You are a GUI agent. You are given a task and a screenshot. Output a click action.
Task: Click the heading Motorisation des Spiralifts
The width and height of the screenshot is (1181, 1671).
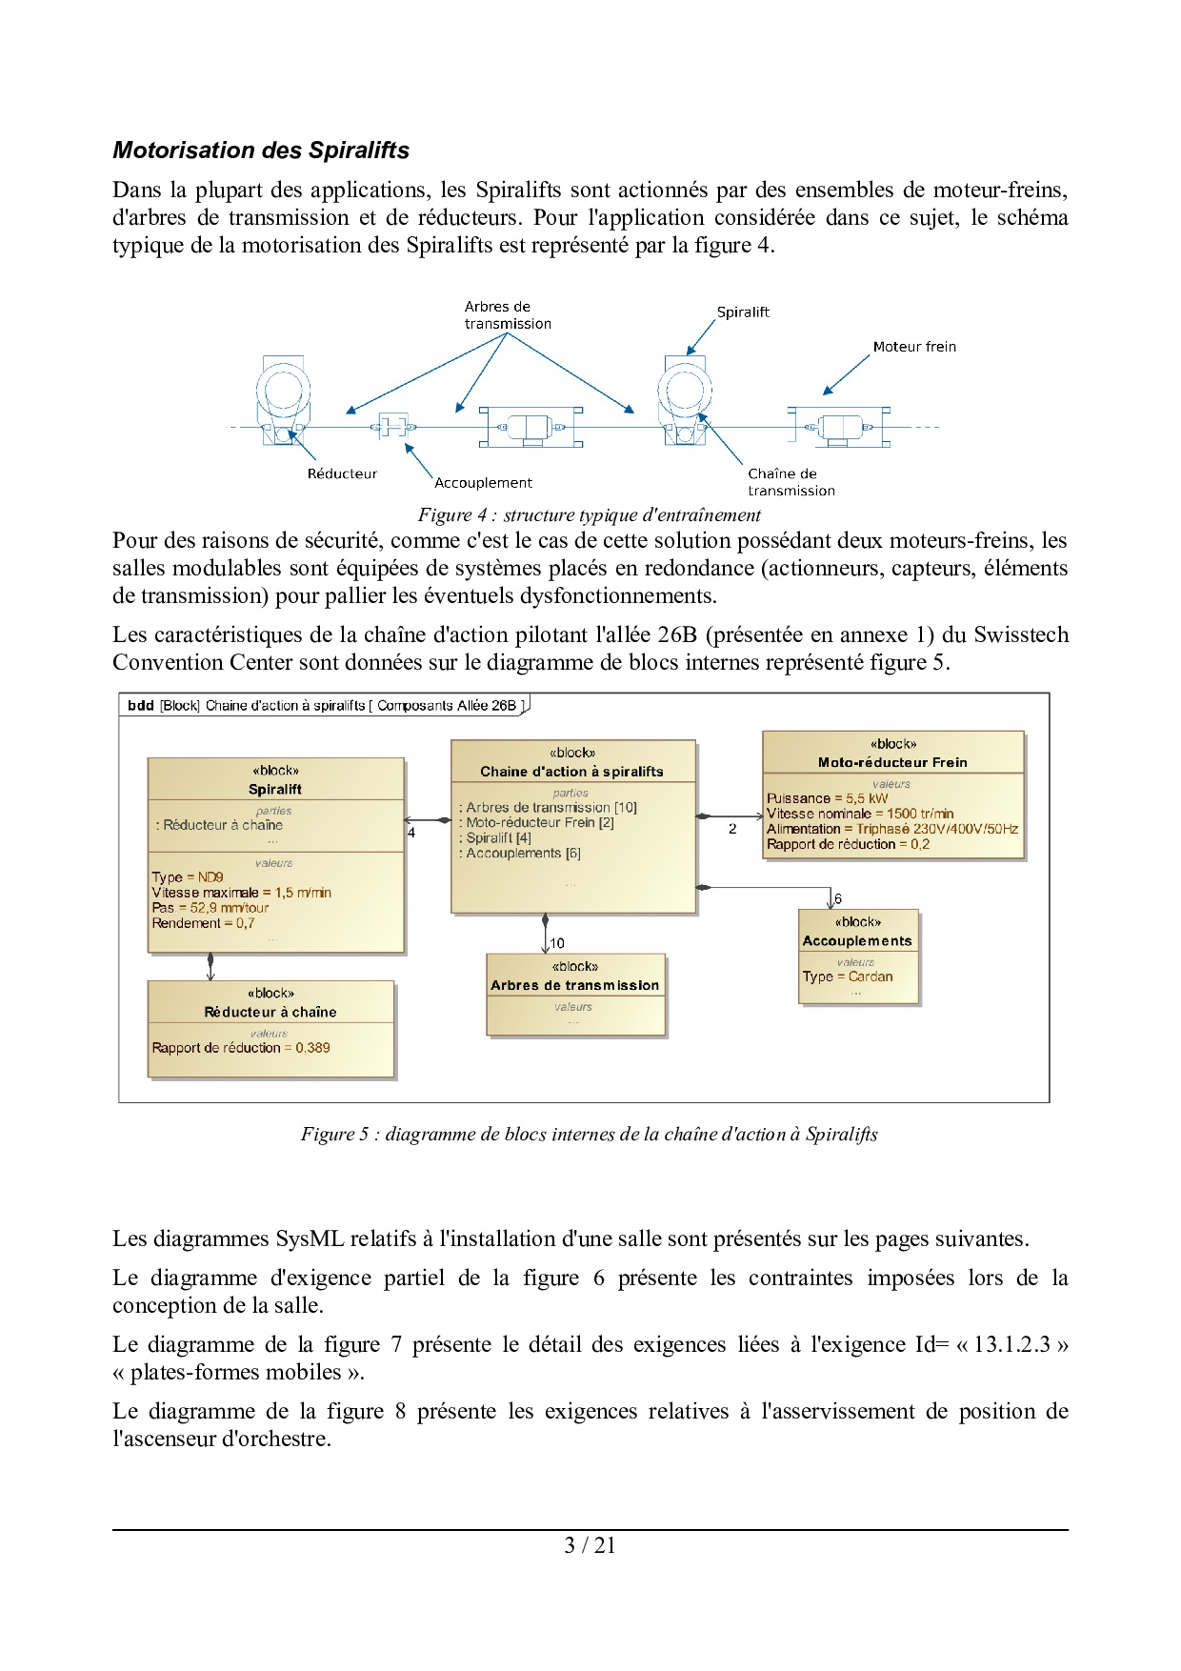coord(261,151)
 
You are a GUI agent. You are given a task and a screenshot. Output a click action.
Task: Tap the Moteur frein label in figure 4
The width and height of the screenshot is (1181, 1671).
coord(914,347)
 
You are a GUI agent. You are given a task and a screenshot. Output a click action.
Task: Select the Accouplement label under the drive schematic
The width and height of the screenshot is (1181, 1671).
coord(483,483)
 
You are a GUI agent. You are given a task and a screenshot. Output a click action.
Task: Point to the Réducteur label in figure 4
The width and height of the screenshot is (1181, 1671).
coord(342,473)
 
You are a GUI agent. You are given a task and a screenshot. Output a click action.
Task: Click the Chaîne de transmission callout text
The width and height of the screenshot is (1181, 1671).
coord(791,482)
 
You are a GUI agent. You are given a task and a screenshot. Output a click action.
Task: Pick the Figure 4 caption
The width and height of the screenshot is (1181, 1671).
coord(589,515)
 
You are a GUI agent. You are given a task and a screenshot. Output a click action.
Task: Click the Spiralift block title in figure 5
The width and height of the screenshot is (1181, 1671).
coord(275,789)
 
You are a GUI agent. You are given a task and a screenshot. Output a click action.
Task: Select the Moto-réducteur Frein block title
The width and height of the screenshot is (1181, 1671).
coord(892,762)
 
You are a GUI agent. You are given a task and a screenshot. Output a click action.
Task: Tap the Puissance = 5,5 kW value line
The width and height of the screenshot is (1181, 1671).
coord(827,798)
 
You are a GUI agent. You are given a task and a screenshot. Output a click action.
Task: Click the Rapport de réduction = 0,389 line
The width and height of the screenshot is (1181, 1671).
coord(241,1048)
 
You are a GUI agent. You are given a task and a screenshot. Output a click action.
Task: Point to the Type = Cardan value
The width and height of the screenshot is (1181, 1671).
coord(848,976)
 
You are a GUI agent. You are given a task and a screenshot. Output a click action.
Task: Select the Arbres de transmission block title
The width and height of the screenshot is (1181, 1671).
coord(574,985)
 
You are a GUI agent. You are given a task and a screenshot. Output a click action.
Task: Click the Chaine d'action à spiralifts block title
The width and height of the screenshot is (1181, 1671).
coord(571,772)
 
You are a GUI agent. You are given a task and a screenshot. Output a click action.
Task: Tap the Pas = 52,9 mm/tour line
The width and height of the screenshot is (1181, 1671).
coord(210,908)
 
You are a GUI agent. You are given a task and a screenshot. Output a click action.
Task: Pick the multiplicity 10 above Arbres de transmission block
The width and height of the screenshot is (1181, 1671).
coord(557,943)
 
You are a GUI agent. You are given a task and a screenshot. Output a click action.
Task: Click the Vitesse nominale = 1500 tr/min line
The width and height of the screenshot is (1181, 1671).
coord(860,814)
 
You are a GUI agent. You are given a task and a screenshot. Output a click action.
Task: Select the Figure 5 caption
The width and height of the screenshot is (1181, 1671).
coord(589,1134)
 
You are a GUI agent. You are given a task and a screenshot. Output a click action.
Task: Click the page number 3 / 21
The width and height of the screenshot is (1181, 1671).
coord(590,1545)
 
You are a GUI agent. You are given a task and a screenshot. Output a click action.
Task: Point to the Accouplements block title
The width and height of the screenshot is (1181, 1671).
coord(857,940)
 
